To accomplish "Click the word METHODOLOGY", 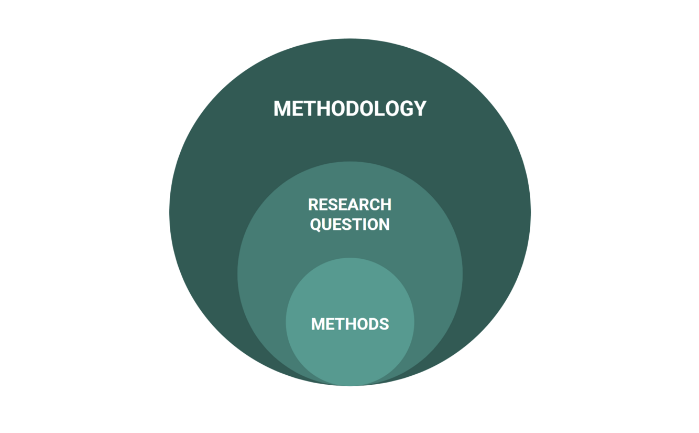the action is (x=349, y=109).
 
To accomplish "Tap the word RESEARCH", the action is (x=349, y=204).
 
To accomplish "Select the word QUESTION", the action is (x=349, y=224).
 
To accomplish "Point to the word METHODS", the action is (x=350, y=324).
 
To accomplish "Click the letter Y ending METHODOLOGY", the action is (x=420, y=109).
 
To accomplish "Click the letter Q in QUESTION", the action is (x=316, y=225).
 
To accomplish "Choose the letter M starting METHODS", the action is (x=319, y=324).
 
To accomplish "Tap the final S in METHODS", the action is (x=384, y=324).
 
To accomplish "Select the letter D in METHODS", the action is (x=374, y=324).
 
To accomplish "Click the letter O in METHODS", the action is (x=362, y=324).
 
